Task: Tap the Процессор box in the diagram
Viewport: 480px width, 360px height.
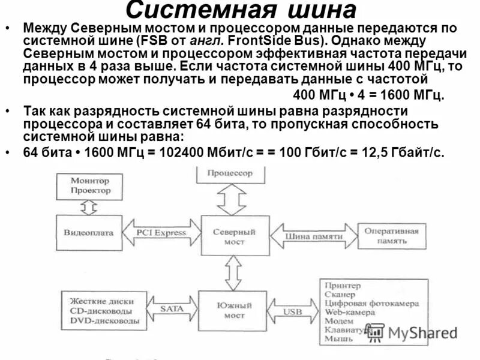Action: click(x=230, y=173)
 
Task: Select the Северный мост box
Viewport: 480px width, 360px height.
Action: click(x=234, y=236)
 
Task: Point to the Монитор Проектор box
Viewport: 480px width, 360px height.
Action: click(x=91, y=185)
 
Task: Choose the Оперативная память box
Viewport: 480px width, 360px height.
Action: click(x=387, y=235)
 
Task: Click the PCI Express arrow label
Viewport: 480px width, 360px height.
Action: click(x=161, y=233)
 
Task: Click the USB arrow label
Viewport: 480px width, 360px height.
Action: click(x=293, y=312)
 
